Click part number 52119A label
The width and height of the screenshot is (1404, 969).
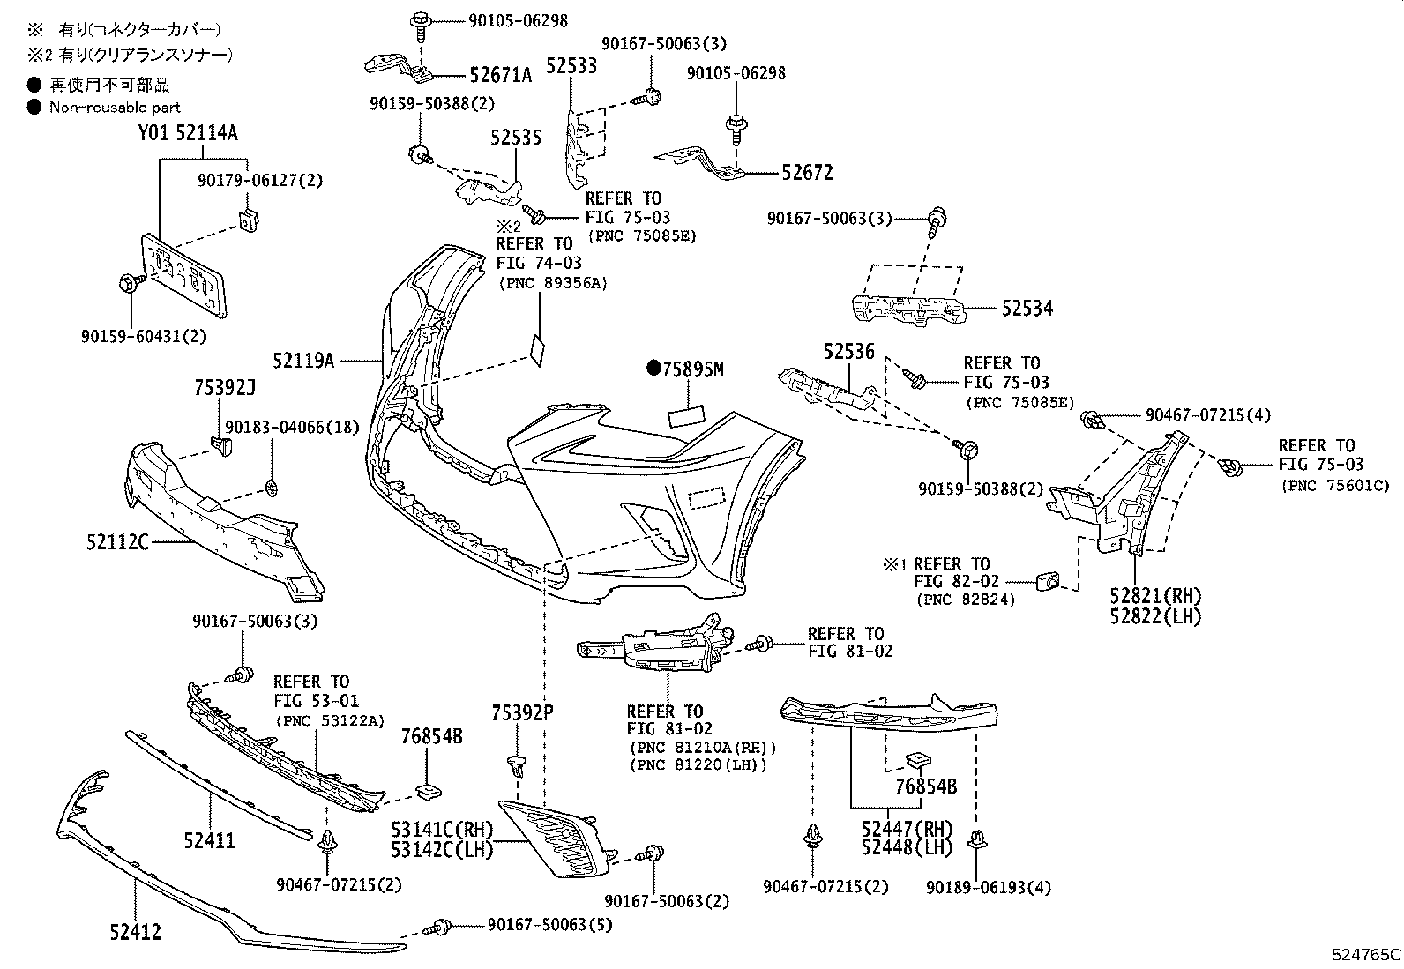303,361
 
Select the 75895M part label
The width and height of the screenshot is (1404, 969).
693,370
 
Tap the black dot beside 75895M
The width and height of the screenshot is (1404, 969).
653,369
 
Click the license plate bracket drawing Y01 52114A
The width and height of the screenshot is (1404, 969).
185,273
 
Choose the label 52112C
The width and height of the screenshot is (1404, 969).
117,542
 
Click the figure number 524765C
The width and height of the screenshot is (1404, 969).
1366,955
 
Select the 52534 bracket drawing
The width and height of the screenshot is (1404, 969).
908,309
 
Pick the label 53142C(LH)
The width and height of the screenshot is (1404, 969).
442,849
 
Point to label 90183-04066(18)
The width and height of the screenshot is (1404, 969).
292,428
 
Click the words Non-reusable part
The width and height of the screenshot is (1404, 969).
115,108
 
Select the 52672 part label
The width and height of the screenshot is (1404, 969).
806,173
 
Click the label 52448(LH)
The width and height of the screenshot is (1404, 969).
907,847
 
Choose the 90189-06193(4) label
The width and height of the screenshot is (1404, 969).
989,888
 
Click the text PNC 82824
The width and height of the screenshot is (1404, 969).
966,600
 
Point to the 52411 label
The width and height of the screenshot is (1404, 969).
209,840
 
